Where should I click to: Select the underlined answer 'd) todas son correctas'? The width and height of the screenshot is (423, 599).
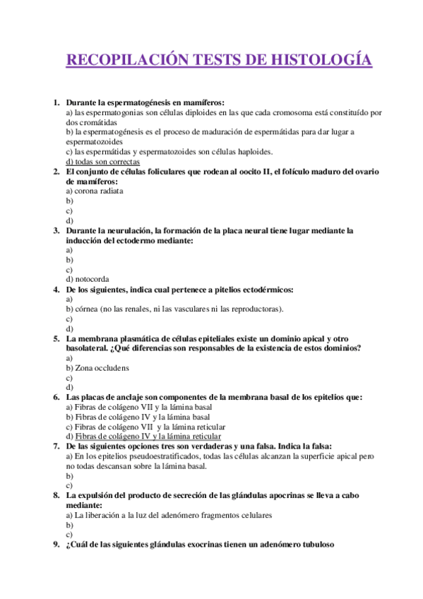click(102, 161)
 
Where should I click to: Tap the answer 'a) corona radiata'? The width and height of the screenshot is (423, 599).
click(94, 191)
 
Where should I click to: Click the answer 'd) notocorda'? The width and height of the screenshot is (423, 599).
click(87, 279)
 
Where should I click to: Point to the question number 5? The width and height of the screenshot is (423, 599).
click(56, 338)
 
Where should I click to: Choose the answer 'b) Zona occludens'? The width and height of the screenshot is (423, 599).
click(97, 368)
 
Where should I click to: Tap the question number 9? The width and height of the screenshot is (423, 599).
click(56, 545)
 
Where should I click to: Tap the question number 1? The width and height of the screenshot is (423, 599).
click(56, 102)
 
